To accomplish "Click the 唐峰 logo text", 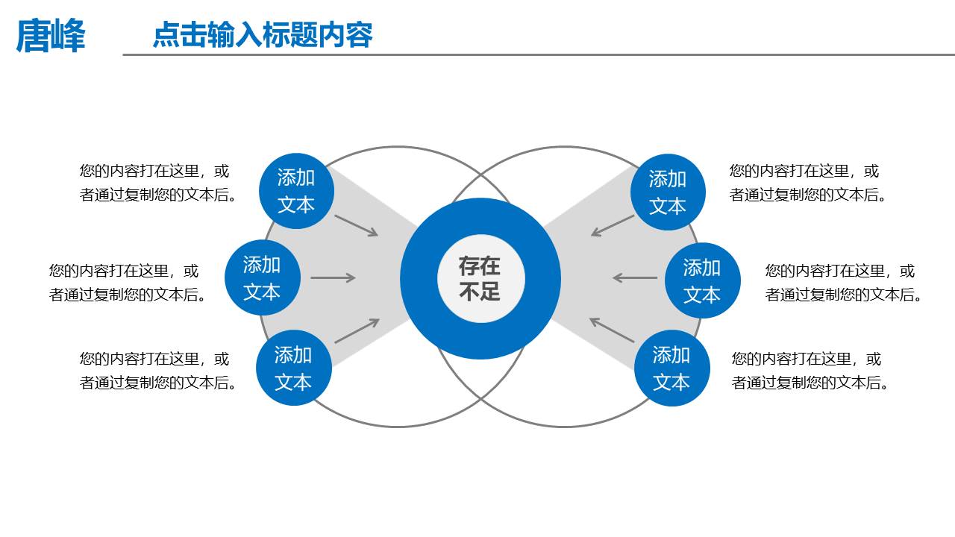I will click(51, 36).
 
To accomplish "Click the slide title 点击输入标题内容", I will click(262, 35).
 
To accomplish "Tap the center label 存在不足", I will click(480, 278).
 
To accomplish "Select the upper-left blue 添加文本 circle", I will click(296, 191).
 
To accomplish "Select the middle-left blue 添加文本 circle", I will click(262, 278).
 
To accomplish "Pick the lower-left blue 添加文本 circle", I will click(293, 368).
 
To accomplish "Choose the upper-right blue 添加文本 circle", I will click(667, 192).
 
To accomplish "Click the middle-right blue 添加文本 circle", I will click(702, 280).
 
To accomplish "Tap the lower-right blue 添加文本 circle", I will click(671, 368).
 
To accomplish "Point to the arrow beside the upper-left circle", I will click(357, 225).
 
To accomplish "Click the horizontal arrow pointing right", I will click(333, 278).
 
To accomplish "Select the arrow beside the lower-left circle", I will click(357, 331).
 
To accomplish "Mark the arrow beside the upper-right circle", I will click(613, 225).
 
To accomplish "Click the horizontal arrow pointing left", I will click(635, 278).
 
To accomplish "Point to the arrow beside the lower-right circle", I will click(612, 330).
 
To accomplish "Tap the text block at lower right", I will click(811, 371).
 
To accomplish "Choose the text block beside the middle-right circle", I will click(844, 283).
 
